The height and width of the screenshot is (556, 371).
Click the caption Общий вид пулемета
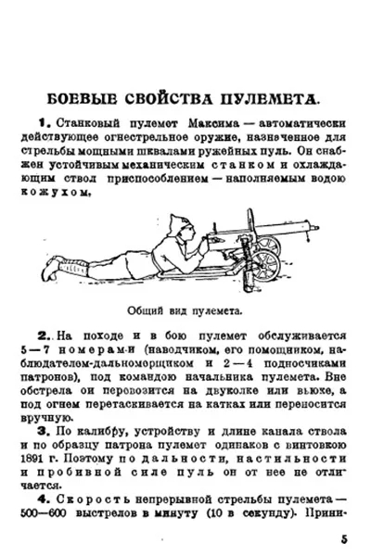click(185, 310)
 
